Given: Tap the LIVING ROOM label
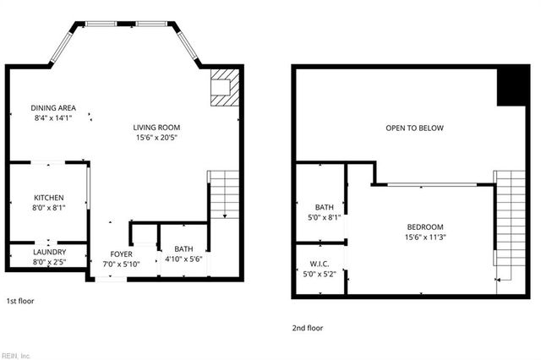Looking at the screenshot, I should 156,128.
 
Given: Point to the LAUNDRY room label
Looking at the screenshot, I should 48,253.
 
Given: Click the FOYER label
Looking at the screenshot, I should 122,254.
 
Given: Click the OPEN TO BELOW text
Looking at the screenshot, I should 414,128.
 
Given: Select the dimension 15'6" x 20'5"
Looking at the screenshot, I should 156,137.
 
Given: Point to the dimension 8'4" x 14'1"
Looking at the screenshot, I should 52,118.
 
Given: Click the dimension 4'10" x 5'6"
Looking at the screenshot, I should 183,259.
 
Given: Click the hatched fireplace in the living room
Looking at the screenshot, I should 224,87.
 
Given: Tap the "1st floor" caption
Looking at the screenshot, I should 21,301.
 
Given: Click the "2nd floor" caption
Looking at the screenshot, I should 308,328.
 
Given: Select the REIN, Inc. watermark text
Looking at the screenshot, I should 16,355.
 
